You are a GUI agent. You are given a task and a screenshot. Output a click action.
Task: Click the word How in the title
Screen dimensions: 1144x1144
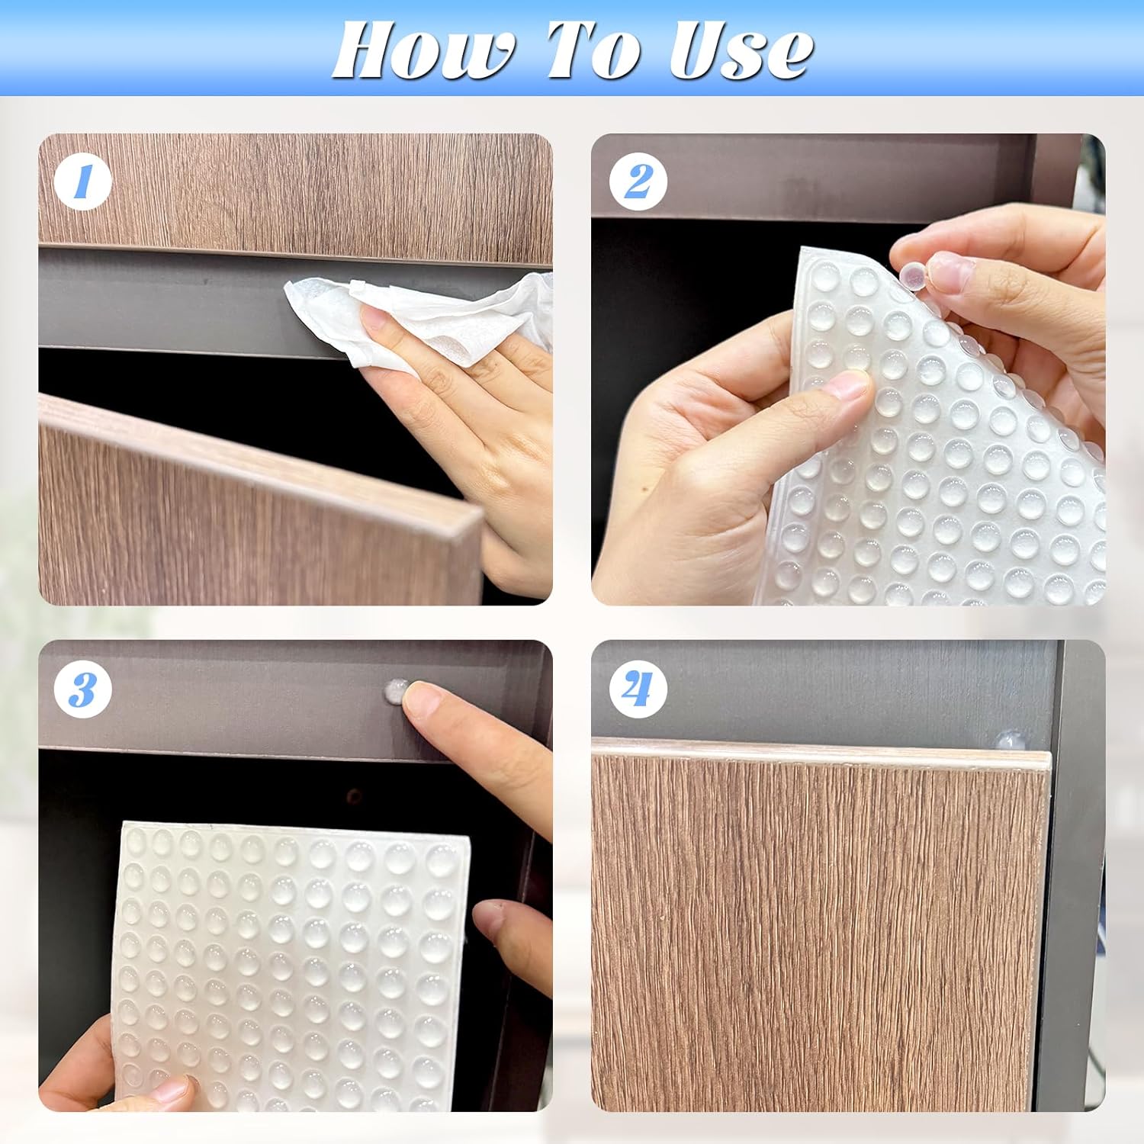423,52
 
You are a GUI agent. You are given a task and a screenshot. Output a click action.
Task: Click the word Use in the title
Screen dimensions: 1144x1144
740,52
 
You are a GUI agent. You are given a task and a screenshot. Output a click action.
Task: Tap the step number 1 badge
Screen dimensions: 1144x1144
83,183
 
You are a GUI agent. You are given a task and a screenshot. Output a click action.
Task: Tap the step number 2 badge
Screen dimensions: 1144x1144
638,183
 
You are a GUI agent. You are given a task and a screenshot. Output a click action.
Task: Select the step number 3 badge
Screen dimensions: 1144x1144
83,689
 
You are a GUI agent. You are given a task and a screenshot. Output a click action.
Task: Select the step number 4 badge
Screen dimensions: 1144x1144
638,689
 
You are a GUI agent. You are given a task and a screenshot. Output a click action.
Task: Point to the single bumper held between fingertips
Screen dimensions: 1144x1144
912,275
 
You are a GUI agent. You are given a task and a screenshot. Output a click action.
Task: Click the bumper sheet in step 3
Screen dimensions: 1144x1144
290,961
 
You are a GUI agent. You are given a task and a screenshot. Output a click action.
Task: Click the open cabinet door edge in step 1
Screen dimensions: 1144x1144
259,458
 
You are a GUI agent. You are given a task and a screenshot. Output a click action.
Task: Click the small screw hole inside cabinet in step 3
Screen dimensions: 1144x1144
353,797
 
